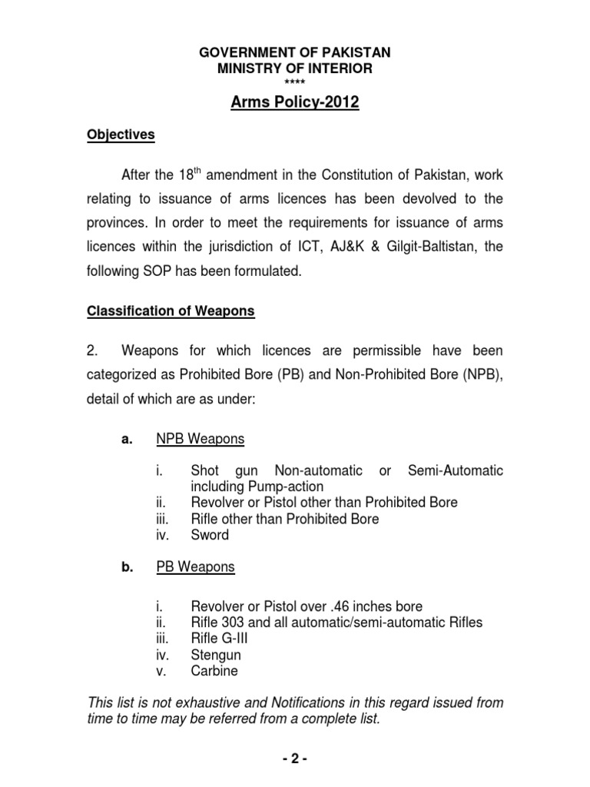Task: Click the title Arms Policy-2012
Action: coord(295,102)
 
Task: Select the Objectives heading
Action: coord(120,135)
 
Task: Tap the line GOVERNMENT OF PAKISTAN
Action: coord(295,53)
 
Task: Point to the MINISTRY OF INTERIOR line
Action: coord(295,69)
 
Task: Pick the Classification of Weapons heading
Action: coord(171,312)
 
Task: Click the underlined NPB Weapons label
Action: coord(201,439)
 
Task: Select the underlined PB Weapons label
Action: coord(195,567)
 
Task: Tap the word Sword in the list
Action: coord(210,535)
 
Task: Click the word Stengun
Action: coord(216,655)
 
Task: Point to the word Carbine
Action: coord(214,671)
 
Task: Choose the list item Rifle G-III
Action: coord(220,639)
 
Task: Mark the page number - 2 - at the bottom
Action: coord(295,759)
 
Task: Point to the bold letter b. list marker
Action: coord(122,567)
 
